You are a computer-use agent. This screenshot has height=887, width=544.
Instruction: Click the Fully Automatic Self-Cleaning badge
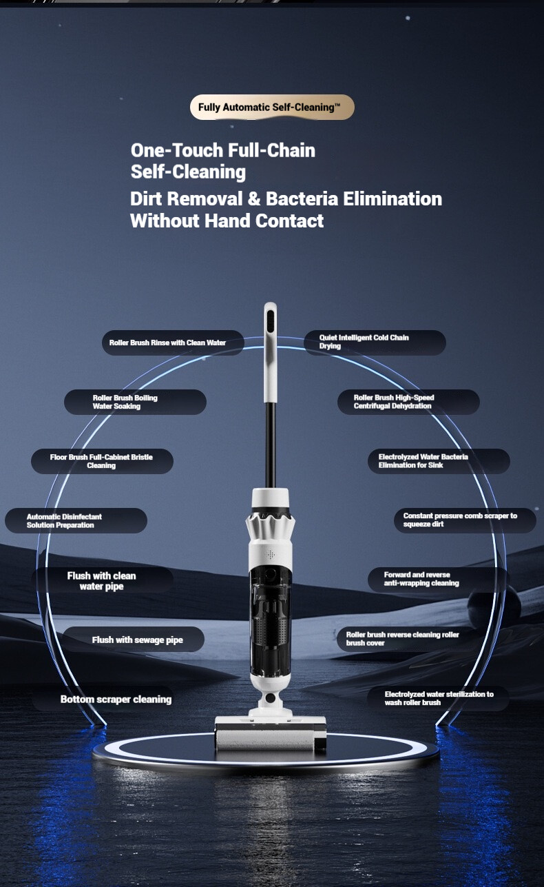[x=272, y=107]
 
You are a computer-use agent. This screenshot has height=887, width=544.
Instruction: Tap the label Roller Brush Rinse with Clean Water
[x=173, y=343]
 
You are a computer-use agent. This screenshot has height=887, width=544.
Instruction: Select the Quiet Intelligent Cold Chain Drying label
[x=375, y=343]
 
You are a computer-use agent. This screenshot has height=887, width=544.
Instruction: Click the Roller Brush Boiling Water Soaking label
[x=135, y=402]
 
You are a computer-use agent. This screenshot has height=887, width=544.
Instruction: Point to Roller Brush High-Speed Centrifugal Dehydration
[x=408, y=402]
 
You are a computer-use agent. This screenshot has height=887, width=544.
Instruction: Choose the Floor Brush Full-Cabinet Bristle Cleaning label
[x=102, y=461]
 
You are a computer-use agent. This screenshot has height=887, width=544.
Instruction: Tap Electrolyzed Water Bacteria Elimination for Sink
[x=439, y=461]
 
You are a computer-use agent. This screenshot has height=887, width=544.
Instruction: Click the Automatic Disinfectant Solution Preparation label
[x=76, y=521]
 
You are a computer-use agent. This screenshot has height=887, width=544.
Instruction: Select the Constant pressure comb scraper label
[x=465, y=520]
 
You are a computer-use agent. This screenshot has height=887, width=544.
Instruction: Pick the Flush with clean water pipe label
[x=102, y=580]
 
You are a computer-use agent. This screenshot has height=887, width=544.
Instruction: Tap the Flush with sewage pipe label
[x=134, y=640]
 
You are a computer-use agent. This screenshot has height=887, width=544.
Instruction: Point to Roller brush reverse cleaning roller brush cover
[x=408, y=639]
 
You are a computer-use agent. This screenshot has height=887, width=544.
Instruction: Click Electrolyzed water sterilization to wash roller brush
[x=437, y=699]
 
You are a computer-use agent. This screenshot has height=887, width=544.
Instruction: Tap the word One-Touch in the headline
[x=177, y=150]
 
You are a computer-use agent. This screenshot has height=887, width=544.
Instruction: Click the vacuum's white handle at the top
[x=270, y=352]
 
